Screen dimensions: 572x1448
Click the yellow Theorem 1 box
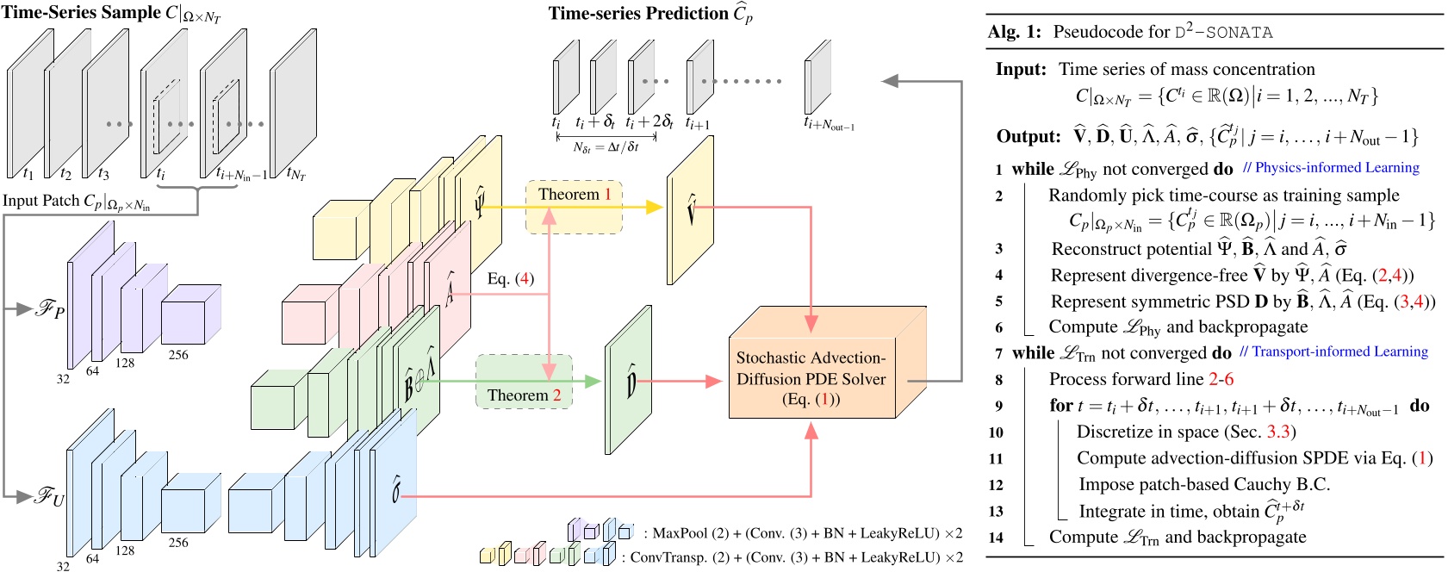tap(574, 207)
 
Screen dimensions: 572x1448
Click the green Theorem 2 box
tap(524, 382)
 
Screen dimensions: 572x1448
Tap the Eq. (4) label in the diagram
tap(510, 278)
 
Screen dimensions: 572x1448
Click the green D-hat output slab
tap(628, 380)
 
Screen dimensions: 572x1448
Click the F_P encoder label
tap(49, 308)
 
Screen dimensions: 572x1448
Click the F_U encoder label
tap(49, 496)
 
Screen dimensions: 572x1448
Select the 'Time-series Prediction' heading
tap(649, 14)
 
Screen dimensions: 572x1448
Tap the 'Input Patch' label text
tap(76, 202)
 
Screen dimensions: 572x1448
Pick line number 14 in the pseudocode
tap(996, 538)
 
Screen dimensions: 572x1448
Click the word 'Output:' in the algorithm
tap(1028, 136)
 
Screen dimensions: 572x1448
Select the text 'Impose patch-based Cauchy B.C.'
tap(1204, 484)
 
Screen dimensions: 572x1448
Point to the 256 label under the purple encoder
tap(178, 355)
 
